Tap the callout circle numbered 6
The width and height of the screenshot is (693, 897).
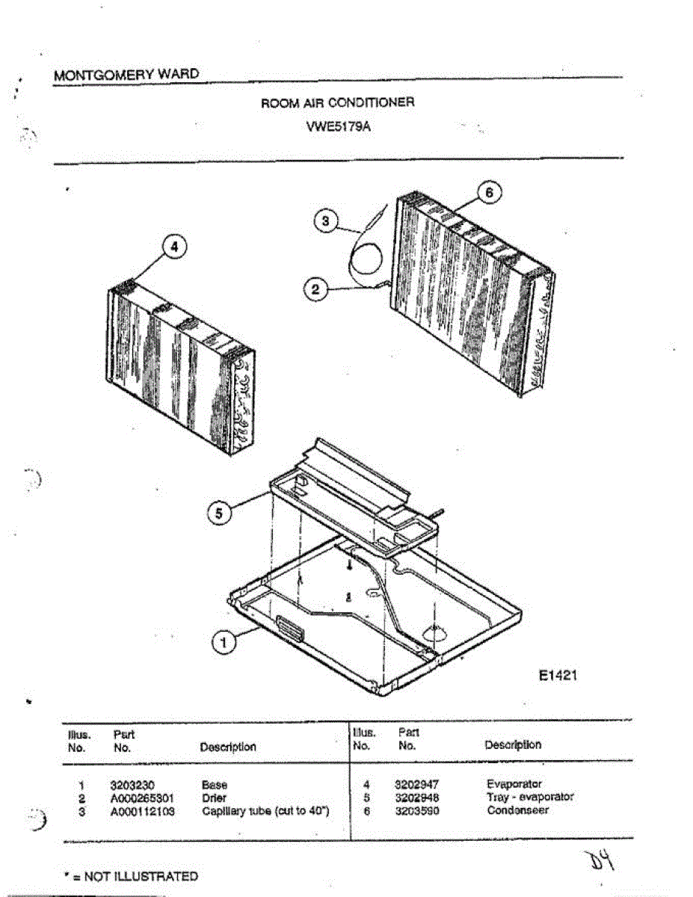(x=488, y=192)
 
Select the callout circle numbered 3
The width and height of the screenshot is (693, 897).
(x=324, y=222)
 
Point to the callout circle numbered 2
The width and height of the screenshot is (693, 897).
(x=315, y=289)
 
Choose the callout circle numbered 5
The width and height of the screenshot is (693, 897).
(x=219, y=514)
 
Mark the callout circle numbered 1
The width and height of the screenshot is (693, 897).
(x=222, y=640)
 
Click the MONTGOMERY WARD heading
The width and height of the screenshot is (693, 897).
(x=126, y=75)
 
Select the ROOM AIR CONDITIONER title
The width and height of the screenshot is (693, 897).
(x=337, y=102)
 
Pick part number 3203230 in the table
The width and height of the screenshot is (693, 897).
(x=131, y=786)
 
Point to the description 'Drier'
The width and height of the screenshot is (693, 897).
(x=214, y=798)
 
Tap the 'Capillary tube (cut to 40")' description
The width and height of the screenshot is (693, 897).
(x=266, y=810)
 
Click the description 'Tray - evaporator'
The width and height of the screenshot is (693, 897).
(x=530, y=797)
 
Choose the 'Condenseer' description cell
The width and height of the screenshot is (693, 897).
(x=518, y=810)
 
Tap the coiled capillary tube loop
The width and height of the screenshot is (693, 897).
(x=366, y=262)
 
